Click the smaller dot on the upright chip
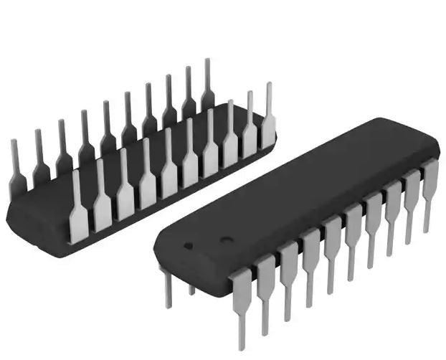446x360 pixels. tap(189, 245)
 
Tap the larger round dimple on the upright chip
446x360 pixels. tap(225, 240)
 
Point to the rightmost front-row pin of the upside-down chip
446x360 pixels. tap(268, 118)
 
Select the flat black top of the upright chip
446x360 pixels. tap(301, 186)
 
